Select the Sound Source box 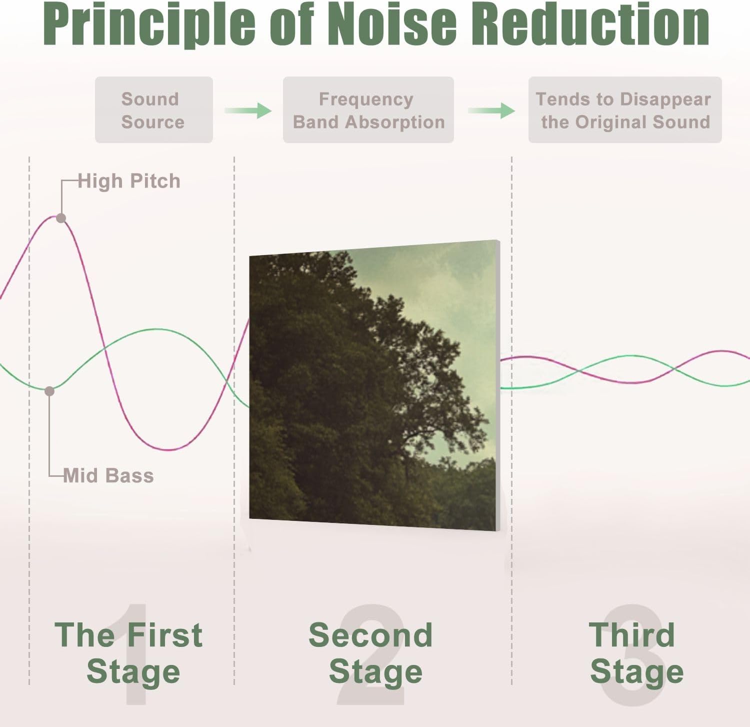(154, 110)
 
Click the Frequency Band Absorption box (368, 110)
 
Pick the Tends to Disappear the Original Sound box (625, 110)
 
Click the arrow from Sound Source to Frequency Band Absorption (248, 110)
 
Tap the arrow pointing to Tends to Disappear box (491, 110)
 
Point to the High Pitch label (129, 181)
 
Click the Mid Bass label (108, 475)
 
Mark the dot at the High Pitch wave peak (61, 218)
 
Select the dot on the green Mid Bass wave (49, 391)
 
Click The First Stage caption (129, 653)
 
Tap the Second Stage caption (371, 653)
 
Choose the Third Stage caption (636, 653)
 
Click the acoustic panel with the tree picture (374, 385)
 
